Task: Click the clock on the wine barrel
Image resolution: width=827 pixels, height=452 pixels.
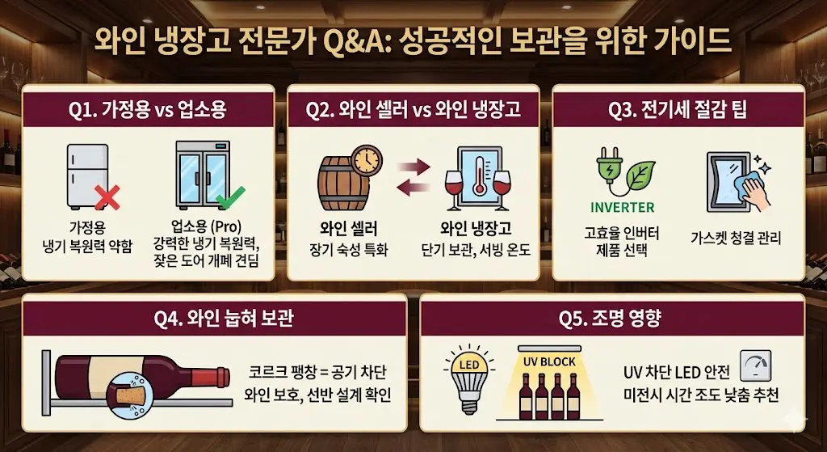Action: [367, 159]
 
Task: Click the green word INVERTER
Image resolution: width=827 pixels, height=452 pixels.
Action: [622, 207]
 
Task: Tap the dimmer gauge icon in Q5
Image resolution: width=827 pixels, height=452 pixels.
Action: [756, 366]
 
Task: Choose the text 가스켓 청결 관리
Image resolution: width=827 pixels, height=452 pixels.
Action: [736, 238]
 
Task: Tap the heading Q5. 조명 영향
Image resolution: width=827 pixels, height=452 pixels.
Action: [611, 319]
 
